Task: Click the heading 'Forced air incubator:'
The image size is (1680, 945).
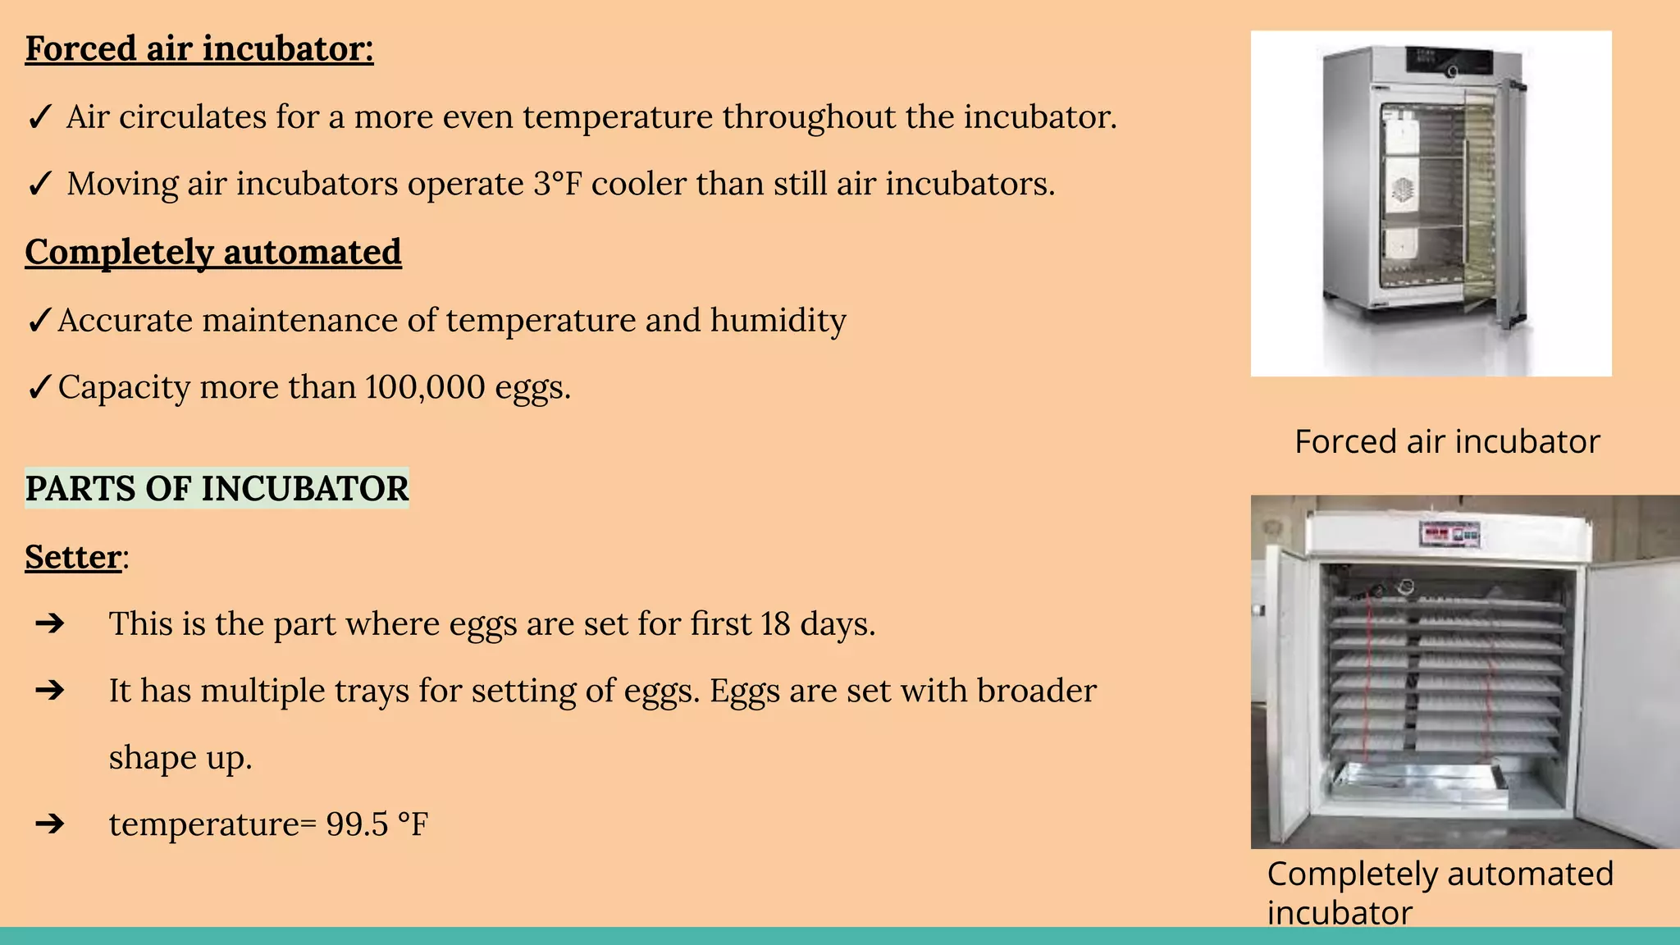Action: [x=199, y=48]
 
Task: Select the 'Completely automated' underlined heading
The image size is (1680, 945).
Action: [x=213, y=252]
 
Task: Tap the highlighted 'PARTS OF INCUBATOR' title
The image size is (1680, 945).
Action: [x=217, y=489]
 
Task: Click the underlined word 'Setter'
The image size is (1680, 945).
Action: [x=73, y=557]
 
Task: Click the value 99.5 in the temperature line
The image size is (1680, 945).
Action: [x=357, y=824]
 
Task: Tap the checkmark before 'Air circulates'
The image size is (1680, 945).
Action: [x=39, y=117]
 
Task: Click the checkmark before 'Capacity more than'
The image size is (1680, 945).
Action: [x=39, y=387]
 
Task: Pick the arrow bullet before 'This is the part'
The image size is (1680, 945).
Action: [x=50, y=623]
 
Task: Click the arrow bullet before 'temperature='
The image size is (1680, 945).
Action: [x=50, y=824]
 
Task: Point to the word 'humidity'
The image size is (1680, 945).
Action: [x=778, y=320]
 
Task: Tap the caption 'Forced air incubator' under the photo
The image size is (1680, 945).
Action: [x=1447, y=442]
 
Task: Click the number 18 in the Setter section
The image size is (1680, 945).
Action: [x=774, y=623]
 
